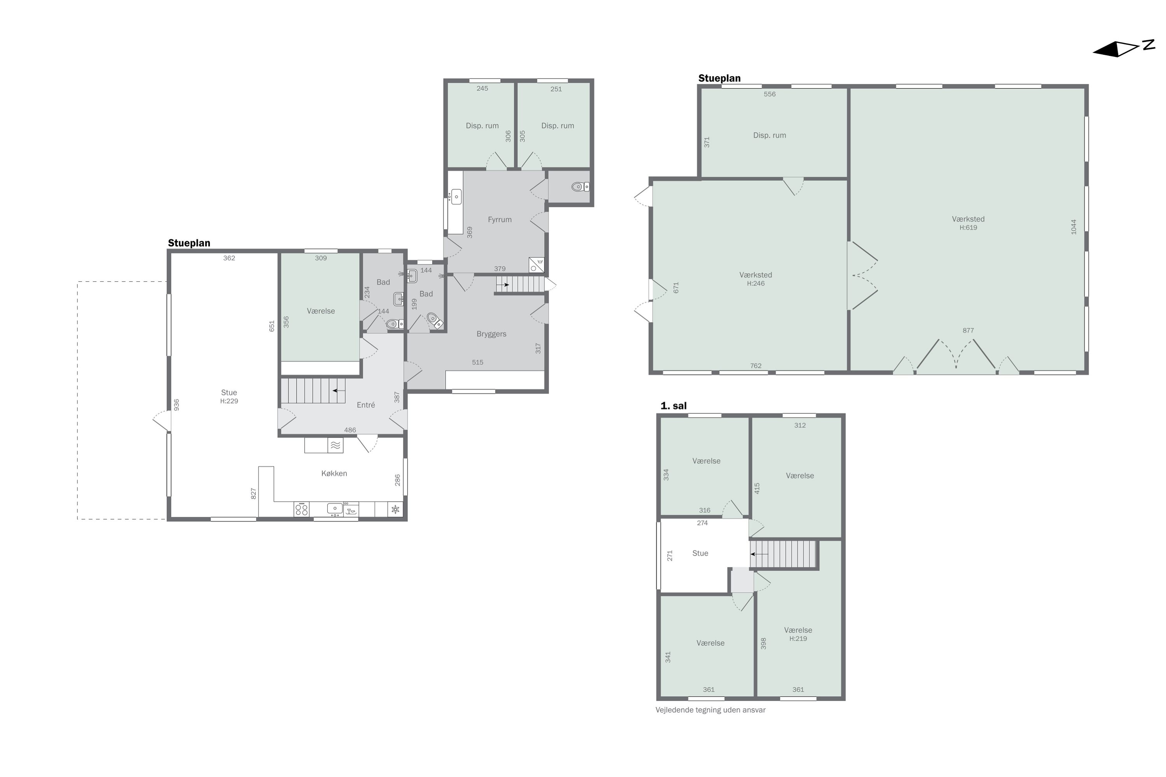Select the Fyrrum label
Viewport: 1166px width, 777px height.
click(499, 220)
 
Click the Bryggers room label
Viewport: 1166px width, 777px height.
click(491, 334)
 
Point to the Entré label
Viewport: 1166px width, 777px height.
click(365, 405)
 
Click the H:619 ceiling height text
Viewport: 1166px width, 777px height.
click(968, 228)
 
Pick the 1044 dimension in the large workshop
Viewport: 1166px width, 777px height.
click(1073, 226)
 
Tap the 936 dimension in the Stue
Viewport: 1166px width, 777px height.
click(176, 405)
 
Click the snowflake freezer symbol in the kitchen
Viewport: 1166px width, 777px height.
click(395, 509)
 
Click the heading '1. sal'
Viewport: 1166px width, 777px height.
click(673, 406)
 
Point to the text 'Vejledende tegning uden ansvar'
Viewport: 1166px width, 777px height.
click(710, 710)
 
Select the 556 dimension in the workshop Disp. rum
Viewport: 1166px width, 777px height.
click(770, 94)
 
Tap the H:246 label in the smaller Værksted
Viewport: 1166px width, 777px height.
click(756, 284)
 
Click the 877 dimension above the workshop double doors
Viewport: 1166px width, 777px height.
click(968, 331)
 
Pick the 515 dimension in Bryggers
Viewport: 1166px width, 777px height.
click(477, 362)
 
